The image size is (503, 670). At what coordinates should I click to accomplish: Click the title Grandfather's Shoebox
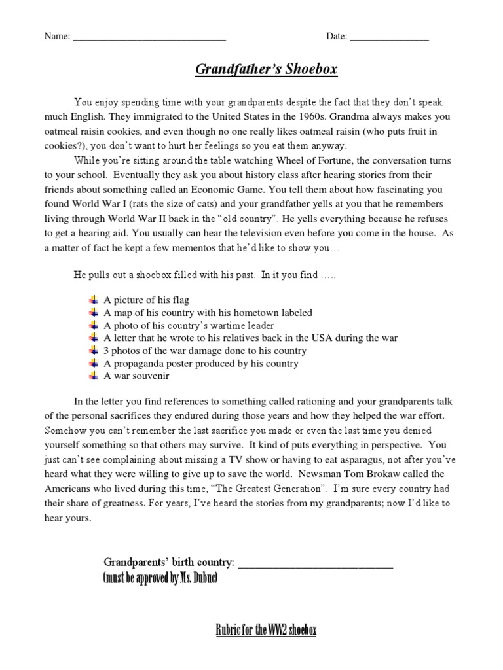coord(266,69)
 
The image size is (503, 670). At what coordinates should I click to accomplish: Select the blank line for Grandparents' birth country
coord(315,563)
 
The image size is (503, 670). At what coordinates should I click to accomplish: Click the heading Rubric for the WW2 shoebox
coord(266,630)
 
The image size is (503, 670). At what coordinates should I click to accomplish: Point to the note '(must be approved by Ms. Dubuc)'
coord(160,579)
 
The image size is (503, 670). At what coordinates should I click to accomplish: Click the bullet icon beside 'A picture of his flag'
coord(94,300)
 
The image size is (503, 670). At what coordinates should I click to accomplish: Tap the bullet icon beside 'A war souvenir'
coord(94,376)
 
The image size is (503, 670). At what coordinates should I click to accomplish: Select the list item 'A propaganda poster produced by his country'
coord(201,363)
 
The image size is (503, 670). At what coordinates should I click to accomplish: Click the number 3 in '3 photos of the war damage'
coord(107,351)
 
